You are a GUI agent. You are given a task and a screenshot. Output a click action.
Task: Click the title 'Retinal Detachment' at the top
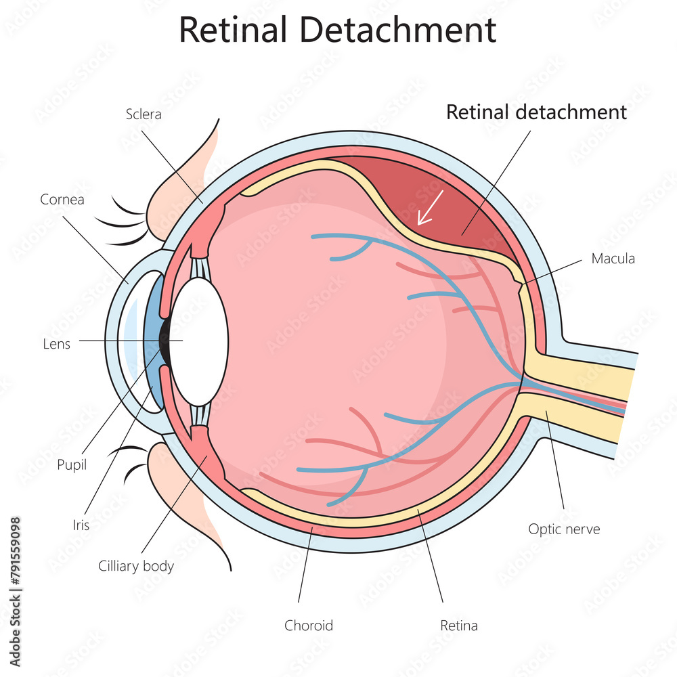pyautogui.click(x=337, y=30)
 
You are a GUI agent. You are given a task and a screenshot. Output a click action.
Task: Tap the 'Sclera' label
pyautogui.click(x=144, y=114)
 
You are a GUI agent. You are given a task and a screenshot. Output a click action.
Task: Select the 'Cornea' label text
pyautogui.click(x=62, y=199)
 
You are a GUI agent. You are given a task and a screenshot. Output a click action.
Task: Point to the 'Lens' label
pyautogui.click(x=56, y=343)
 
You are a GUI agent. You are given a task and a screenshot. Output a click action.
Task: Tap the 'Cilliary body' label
pyautogui.click(x=135, y=566)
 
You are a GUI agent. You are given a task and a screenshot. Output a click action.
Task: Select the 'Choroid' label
pyautogui.click(x=309, y=625)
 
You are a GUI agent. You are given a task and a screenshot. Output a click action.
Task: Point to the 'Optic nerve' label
pyautogui.click(x=564, y=529)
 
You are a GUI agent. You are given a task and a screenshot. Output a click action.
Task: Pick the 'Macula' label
pyautogui.click(x=613, y=258)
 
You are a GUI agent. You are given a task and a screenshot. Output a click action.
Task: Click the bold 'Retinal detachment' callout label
pyautogui.click(x=536, y=112)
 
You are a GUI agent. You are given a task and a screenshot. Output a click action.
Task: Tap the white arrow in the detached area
pyautogui.click(x=430, y=207)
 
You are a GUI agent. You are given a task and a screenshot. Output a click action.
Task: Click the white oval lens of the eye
pyautogui.click(x=201, y=342)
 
